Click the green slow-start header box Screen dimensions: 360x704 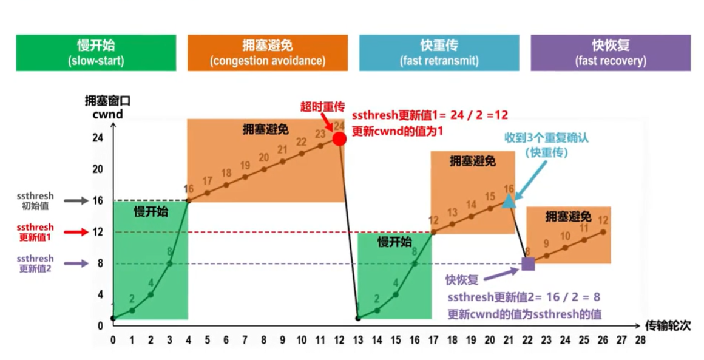pos(96,53)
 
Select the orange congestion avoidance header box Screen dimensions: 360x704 pos(268,53)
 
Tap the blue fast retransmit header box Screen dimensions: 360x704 pos(439,53)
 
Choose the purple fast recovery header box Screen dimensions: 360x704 pos(611,53)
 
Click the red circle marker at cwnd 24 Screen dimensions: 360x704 pos(339,139)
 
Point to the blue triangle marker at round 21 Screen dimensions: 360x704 pos(509,201)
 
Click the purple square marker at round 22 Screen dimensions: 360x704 pos(528,263)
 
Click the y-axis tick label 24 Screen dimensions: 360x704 pos(97,138)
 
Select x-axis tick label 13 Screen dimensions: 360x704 pos(358,341)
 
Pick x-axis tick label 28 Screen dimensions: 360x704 pos(640,341)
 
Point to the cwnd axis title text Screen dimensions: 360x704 pos(107,114)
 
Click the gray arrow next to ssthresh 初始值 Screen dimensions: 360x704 pos(75,200)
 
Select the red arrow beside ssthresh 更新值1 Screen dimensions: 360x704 pos(75,232)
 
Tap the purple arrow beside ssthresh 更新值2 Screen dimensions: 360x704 pos(75,263)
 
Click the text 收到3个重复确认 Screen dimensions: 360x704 pos(547,138)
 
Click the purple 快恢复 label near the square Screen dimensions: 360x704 pos(462,280)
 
